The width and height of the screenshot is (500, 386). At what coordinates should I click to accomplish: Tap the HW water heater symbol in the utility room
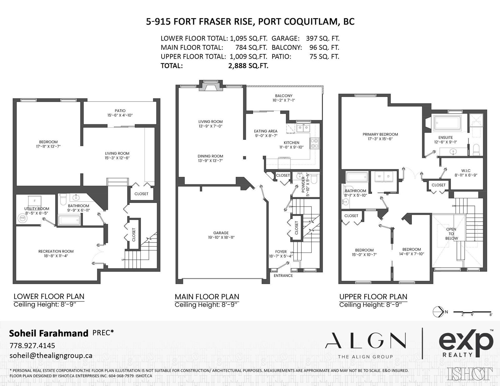tap(22, 218)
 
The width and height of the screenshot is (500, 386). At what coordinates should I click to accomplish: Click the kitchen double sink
tap(303, 128)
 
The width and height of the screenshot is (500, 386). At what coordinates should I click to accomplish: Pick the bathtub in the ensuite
tap(447, 122)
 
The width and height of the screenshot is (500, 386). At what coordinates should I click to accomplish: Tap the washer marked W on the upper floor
tap(379, 177)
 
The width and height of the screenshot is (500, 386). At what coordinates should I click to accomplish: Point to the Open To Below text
tap(451, 234)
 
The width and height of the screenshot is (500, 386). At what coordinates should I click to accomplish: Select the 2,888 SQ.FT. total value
tap(248, 66)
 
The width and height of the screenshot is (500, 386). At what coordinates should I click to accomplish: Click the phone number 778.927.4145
tap(32, 345)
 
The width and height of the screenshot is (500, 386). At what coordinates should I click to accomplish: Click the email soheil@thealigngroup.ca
tap(51, 356)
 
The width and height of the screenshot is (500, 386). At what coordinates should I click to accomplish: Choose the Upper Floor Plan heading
tap(373, 297)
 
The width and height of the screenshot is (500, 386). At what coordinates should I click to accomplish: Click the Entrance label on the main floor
tap(283, 276)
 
